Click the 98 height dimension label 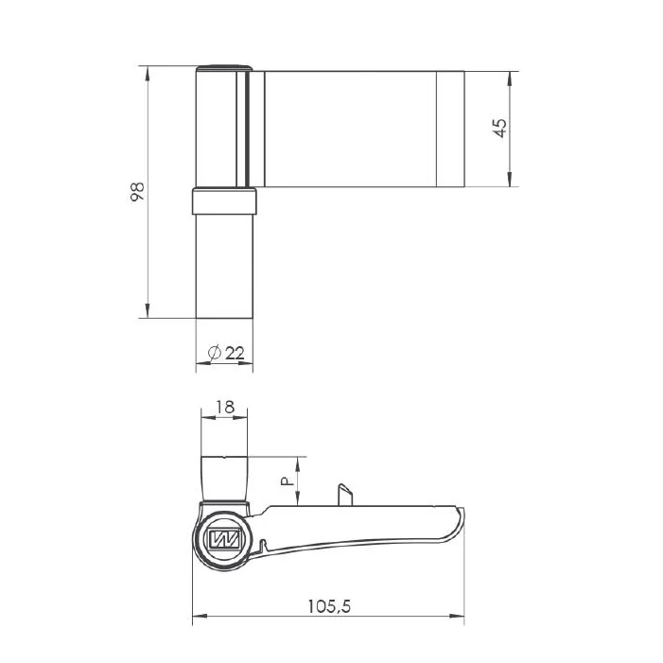pyautogui.click(x=138, y=192)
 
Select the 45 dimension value pyautogui.click(x=501, y=127)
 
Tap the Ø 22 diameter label pyautogui.click(x=225, y=352)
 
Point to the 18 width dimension pyautogui.click(x=225, y=407)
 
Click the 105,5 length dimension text pyautogui.click(x=328, y=606)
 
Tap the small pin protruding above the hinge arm pyautogui.click(x=343, y=494)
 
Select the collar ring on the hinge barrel pyautogui.click(x=225, y=201)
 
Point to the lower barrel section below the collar pyautogui.click(x=225, y=267)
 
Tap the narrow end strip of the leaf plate pyautogui.click(x=450, y=128)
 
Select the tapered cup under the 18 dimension pyautogui.click(x=225, y=476)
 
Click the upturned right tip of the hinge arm pyautogui.click(x=462, y=516)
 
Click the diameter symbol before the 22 pyautogui.click(x=213, y=352)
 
